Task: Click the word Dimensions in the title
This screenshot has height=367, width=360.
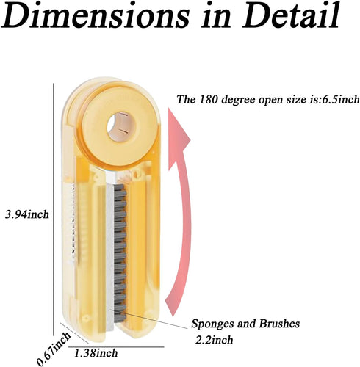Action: [96, 15]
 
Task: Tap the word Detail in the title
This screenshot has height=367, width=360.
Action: [291, 15]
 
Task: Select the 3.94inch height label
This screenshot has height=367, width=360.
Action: [27, 214]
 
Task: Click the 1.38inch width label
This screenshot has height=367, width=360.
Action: [96, 353]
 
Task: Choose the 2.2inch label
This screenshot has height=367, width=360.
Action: [214, 340]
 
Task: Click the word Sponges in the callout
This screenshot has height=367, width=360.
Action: [213, 324]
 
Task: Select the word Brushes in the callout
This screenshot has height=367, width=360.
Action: [279, 324]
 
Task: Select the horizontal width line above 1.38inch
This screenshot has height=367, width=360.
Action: [116, 346]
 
